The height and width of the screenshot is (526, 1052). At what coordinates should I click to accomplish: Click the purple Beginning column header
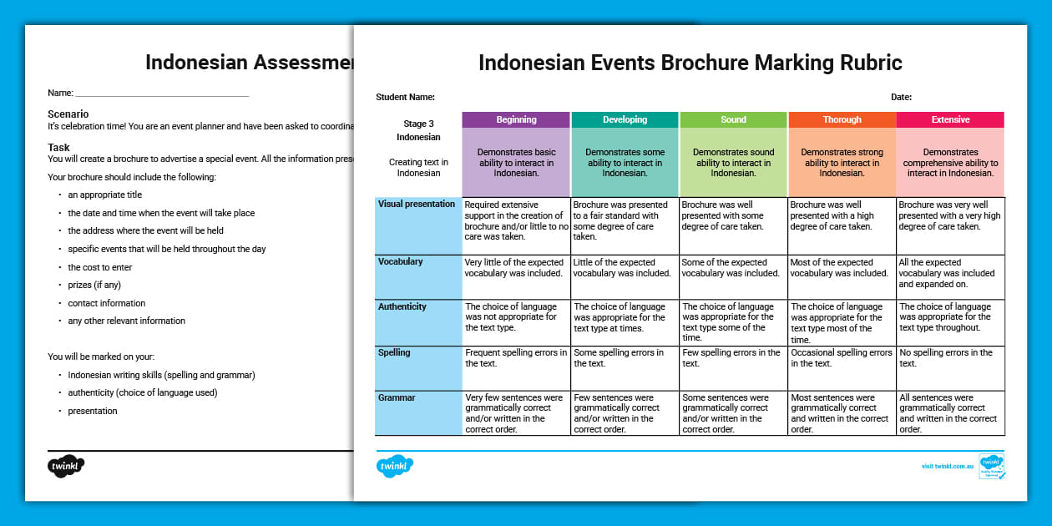click(516, 119)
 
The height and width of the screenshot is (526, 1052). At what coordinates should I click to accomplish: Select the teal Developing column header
click(625, 119)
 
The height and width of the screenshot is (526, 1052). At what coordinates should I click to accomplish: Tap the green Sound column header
click(733, 119)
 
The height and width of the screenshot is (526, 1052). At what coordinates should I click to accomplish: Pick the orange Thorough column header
click(842, 119)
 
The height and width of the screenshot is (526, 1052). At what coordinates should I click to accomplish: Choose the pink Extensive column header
click(950, 119)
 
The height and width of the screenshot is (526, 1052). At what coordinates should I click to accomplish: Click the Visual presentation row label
click(417, 205)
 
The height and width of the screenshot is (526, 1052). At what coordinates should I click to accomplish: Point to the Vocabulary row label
click(401, 262)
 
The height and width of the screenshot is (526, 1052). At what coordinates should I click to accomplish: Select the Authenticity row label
click(402, 307)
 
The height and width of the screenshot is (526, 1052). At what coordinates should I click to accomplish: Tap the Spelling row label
click(394, 353)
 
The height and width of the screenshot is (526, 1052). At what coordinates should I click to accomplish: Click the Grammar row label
click(397, 398)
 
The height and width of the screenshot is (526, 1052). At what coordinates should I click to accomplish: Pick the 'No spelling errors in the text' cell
click(950, 358)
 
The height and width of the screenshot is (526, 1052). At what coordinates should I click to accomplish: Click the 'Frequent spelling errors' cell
click(516, 358)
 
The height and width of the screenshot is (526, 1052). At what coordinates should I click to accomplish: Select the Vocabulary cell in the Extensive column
click(950, 273)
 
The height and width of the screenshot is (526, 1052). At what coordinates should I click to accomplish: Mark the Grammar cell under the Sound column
click(733, 413)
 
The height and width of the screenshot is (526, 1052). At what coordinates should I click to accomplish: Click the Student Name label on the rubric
click(406, 98)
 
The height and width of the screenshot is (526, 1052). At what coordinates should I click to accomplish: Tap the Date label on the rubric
click(901, 98)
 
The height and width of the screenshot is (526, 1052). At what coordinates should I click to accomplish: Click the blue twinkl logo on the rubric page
click(395, 466)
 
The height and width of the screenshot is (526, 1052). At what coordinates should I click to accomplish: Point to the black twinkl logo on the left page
click(66, 466)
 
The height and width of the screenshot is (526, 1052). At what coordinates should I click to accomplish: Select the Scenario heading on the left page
click(68, 114)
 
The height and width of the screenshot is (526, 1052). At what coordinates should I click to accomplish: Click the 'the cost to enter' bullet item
click(100, 267)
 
